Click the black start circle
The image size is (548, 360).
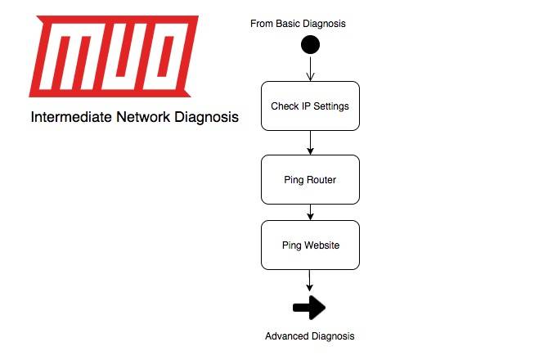point(310,45)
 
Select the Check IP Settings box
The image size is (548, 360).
point(310,106)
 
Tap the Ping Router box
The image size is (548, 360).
point(310,179)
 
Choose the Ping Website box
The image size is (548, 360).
point(310,245)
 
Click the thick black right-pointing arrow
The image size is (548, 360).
point(309,308)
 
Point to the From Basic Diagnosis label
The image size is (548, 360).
point(298,23)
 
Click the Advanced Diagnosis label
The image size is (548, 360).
point(310,336)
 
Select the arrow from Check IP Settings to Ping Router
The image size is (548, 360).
point(310,142)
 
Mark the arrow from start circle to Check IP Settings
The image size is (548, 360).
point(310,69)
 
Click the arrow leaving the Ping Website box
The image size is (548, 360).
point(310,280)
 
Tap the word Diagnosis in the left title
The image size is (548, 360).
point(206,118)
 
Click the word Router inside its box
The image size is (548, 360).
point(321,180)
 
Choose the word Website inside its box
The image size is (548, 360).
point(321,245)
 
